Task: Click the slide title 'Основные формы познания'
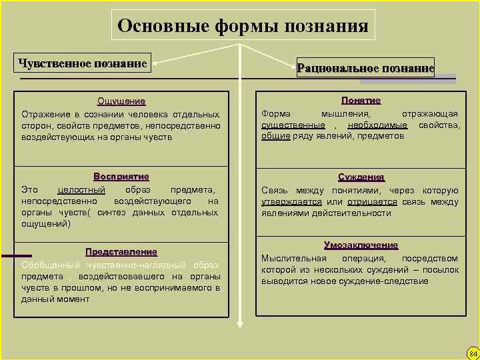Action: tap(243, 26)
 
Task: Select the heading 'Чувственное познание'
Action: tap(83, 63)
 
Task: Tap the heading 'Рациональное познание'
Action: tap(365, 67)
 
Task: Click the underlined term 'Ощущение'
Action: tap(121, 101)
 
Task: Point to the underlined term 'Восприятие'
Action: tap(121, 177)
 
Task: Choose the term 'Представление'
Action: tap(121, 251)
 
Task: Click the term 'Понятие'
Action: tap(361, 100)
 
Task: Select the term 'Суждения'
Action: tap(361, 177)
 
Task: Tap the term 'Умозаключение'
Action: tap(361, 245)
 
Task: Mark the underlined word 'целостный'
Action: tap(81, 189)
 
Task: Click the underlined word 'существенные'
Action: tap(293, 125)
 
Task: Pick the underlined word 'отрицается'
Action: tap(372, 201)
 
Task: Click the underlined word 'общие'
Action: tap(275, 136)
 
